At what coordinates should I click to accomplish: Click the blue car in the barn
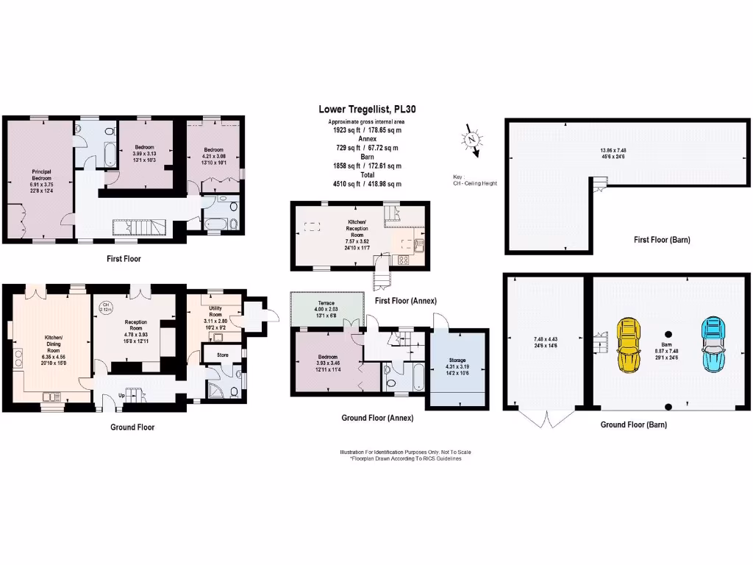[713, 346]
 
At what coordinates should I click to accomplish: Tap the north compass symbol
[472, 140]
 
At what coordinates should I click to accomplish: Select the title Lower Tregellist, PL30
[365, 110]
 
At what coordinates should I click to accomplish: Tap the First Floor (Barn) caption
[662, 240]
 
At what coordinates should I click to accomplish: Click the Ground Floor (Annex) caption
[376, 418]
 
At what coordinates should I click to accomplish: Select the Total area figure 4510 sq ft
[365, 184]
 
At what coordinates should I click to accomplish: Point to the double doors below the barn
[545, 419]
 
